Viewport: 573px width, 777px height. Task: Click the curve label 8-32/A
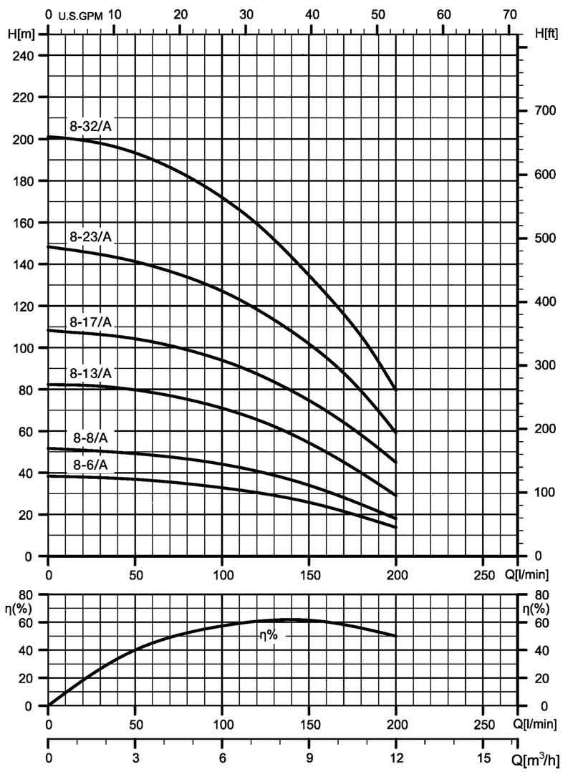tap(91, 125)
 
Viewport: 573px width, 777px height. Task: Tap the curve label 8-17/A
tap(91, 322)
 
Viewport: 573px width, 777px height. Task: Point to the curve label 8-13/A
tap(91, 373)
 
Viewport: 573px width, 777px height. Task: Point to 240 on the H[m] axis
tap(27, 55)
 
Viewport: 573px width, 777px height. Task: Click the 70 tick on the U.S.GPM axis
tap(509, 14)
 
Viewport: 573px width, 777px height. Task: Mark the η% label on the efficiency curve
tap(268, 634)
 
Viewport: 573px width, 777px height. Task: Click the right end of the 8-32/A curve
tap(395, 389)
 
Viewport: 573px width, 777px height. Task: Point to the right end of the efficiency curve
tap(395, 636)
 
